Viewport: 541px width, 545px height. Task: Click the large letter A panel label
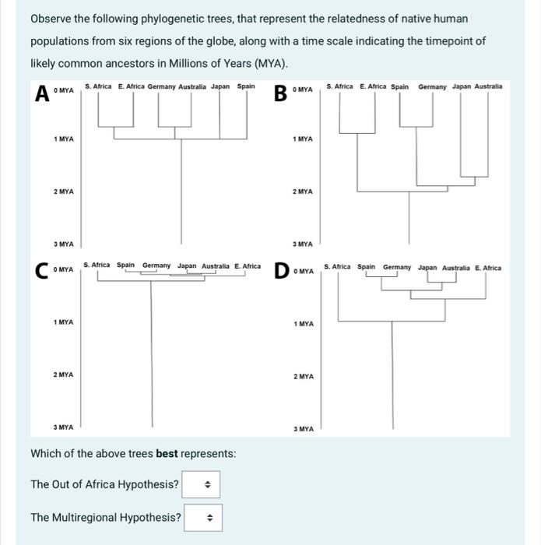coord(40,93)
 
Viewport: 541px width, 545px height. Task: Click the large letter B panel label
coord(279,93)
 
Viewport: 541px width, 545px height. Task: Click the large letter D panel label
coord(282,272)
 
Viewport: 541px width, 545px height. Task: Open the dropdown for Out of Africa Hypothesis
coord(202,484)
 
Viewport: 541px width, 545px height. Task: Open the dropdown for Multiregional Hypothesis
coord(203,517)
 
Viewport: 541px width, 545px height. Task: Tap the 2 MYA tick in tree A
coord(64,192)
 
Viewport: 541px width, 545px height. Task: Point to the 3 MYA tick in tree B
coord(303,244)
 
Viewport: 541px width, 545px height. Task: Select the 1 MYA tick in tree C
coord(64,322)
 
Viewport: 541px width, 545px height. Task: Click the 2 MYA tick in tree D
coord(304,377)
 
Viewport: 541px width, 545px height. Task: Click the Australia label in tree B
coord(488,86)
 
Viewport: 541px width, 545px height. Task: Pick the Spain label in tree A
coord(246,86)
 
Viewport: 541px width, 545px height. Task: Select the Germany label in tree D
coord(397,268)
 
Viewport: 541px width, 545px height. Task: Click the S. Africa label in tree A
coord(98,86)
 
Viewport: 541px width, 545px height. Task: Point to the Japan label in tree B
coord(462,86)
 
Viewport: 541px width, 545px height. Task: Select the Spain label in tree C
coord(126,265)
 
